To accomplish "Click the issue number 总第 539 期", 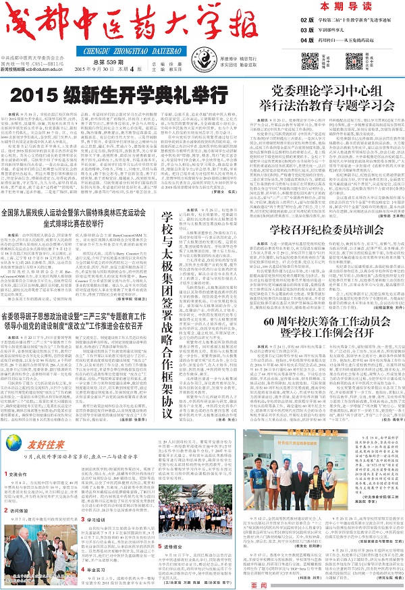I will [x=101, y=62].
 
